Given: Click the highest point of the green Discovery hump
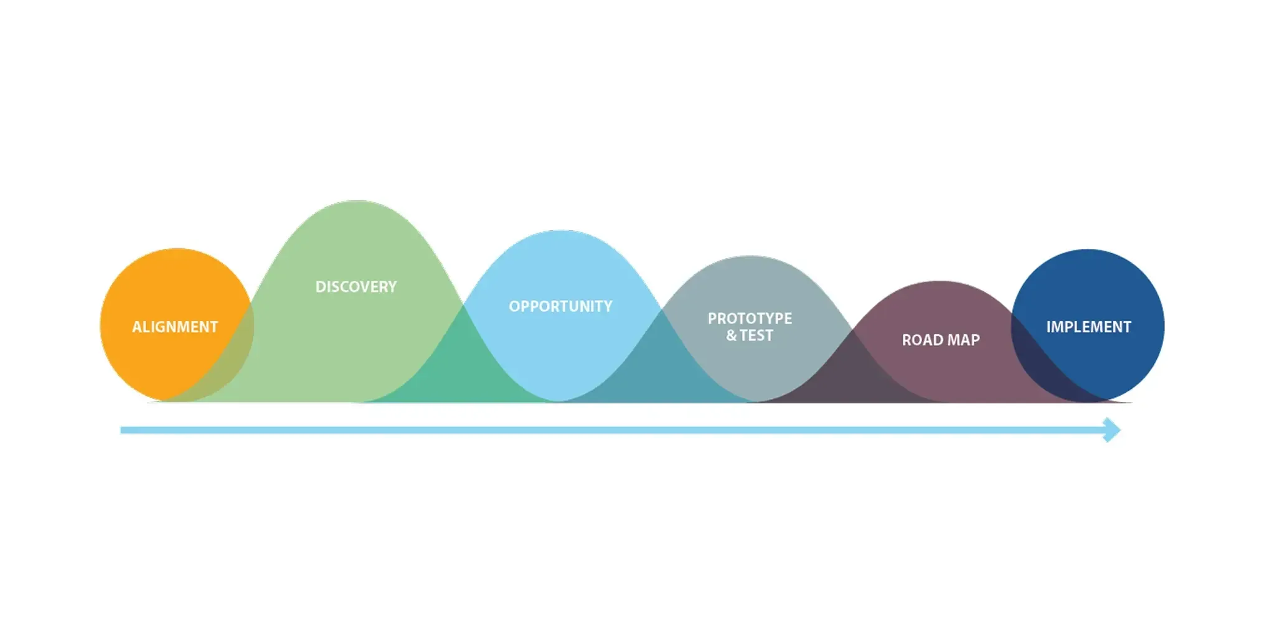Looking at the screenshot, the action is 356,201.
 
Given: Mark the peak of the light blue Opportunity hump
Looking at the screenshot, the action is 560,231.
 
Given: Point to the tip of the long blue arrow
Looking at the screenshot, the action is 1121,430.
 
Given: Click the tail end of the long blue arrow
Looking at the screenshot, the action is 121,430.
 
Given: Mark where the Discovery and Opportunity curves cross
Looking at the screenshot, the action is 463,305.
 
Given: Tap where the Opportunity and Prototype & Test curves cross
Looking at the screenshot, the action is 661,309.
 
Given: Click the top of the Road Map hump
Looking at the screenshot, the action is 940,281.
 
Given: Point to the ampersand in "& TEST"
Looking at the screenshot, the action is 731,335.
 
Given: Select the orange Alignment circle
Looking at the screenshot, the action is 176,325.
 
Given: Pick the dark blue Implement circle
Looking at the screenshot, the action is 1088,325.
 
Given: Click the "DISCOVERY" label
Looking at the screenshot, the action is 356,287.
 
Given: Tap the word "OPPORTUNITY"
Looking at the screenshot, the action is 560,306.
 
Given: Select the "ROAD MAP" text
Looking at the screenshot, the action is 941,340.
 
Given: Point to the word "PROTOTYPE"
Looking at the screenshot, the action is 750,319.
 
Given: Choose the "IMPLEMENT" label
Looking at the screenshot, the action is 1088,327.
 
